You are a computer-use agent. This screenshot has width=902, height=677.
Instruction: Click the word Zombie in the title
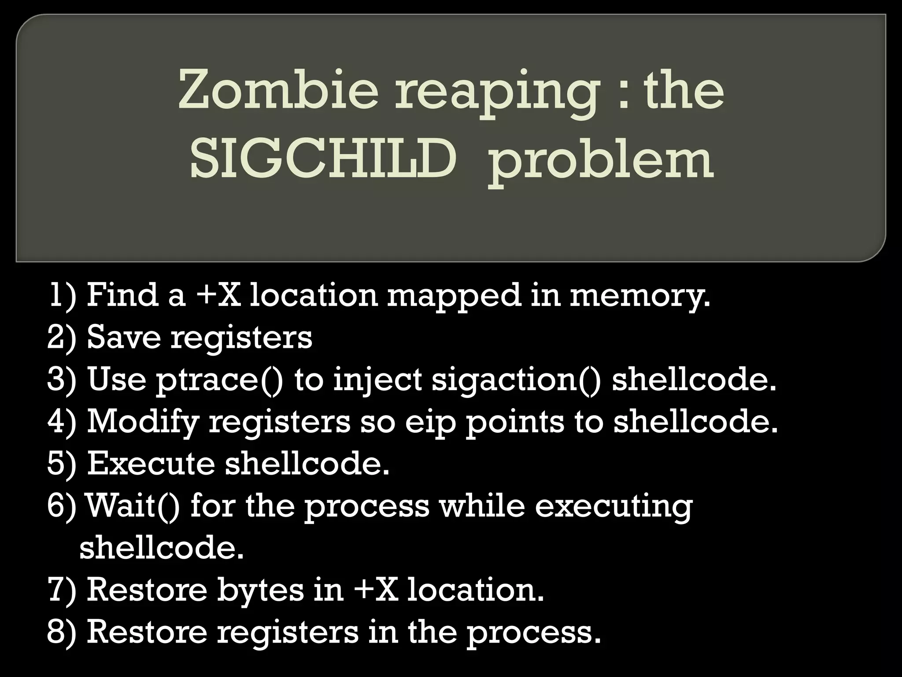click(278, 91)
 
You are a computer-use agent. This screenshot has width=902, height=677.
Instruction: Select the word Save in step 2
click(123, 338)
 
